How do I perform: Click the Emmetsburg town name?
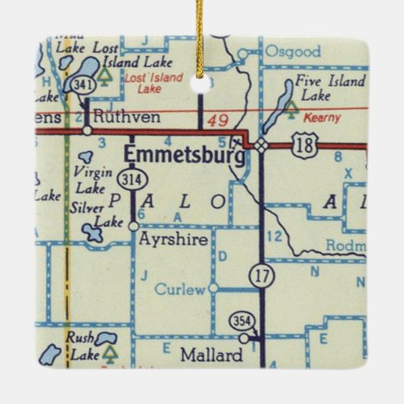(184, 155)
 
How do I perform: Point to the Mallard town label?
(212, 354)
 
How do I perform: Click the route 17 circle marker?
(263, 276)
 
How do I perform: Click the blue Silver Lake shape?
(94, 232)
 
